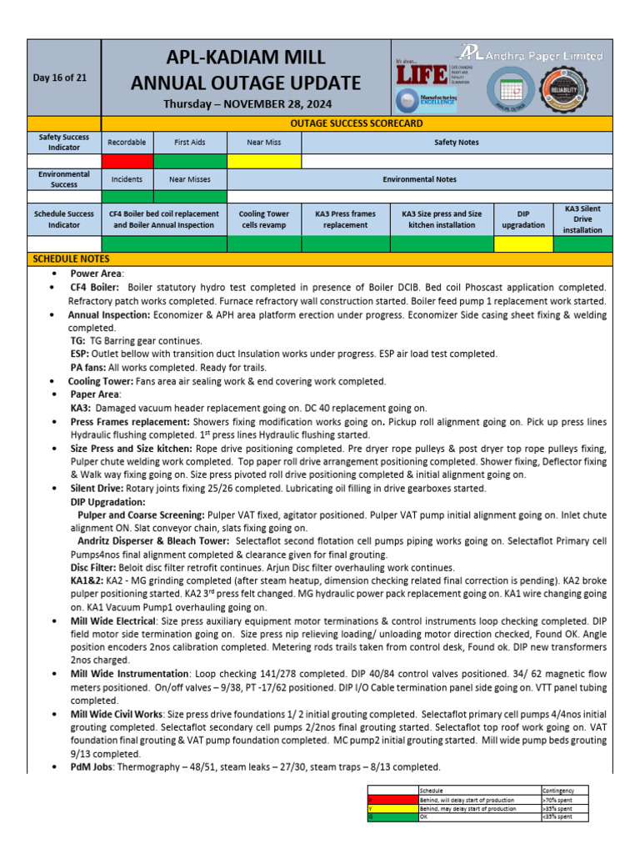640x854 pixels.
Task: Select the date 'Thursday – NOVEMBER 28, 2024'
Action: pyautogui.click(x=246, y=103)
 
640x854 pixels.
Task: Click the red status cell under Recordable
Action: pyautogui.click(x=127, y=160)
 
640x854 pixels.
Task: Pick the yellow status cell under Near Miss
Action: pyautogui.click(x=263, y=160)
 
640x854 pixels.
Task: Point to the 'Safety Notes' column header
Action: pyautogui.click(x=457, y=143)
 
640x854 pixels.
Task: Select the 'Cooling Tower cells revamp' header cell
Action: pyautogui.click(x=263, y=219)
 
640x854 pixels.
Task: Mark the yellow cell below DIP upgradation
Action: pyautogui.click(x=523, y=244)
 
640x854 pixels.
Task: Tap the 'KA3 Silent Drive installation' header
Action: pyautogui.click(x=582, y=219)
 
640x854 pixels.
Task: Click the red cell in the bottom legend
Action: pyautogui.click(x=392, y=800)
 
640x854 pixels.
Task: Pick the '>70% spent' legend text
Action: pyautogui.click(x=557, y=800)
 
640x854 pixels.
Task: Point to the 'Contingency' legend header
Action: pyautogui.click(x=558, y=791)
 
